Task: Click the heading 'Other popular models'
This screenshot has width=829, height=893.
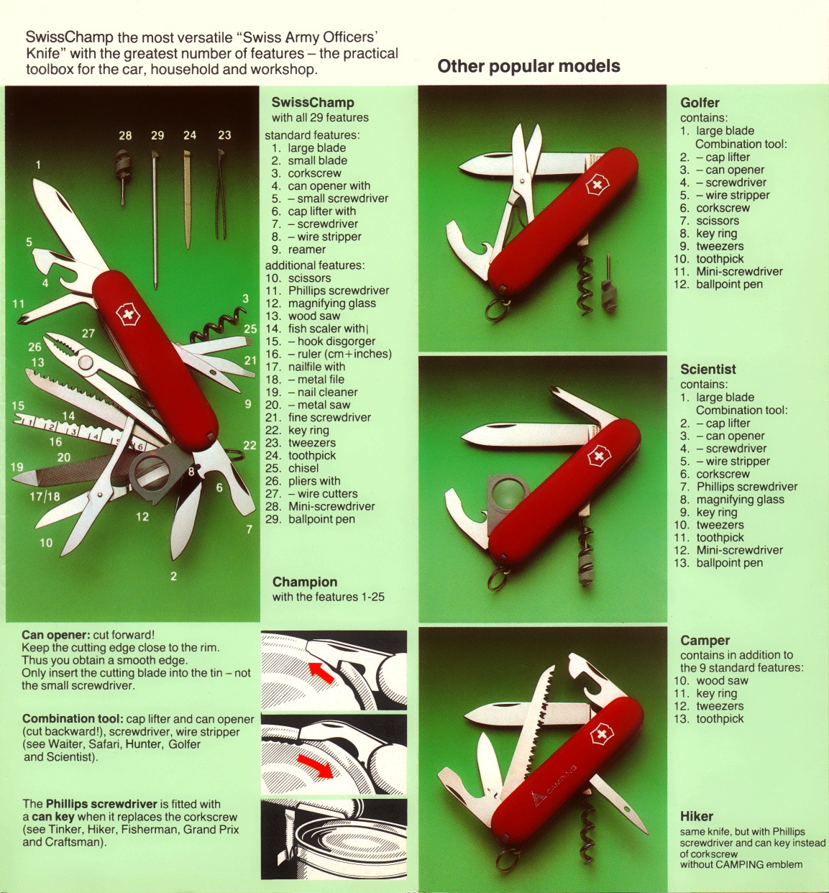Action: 528,67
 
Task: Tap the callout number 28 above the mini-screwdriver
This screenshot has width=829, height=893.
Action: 126,135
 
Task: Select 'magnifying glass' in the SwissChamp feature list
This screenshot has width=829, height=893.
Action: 332,303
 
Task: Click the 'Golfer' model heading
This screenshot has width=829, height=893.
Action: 700,103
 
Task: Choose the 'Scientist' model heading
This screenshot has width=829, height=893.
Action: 708,369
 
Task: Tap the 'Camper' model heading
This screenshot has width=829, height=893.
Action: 705,641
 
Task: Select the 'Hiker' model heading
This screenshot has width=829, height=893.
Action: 697,816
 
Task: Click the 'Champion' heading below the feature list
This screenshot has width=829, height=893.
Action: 305,582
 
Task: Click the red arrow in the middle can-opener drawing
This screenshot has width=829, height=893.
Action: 315,765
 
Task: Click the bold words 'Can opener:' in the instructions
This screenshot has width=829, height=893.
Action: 56,635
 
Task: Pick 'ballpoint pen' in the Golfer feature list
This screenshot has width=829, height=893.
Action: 729,285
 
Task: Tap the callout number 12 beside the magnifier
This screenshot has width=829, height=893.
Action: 142,517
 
